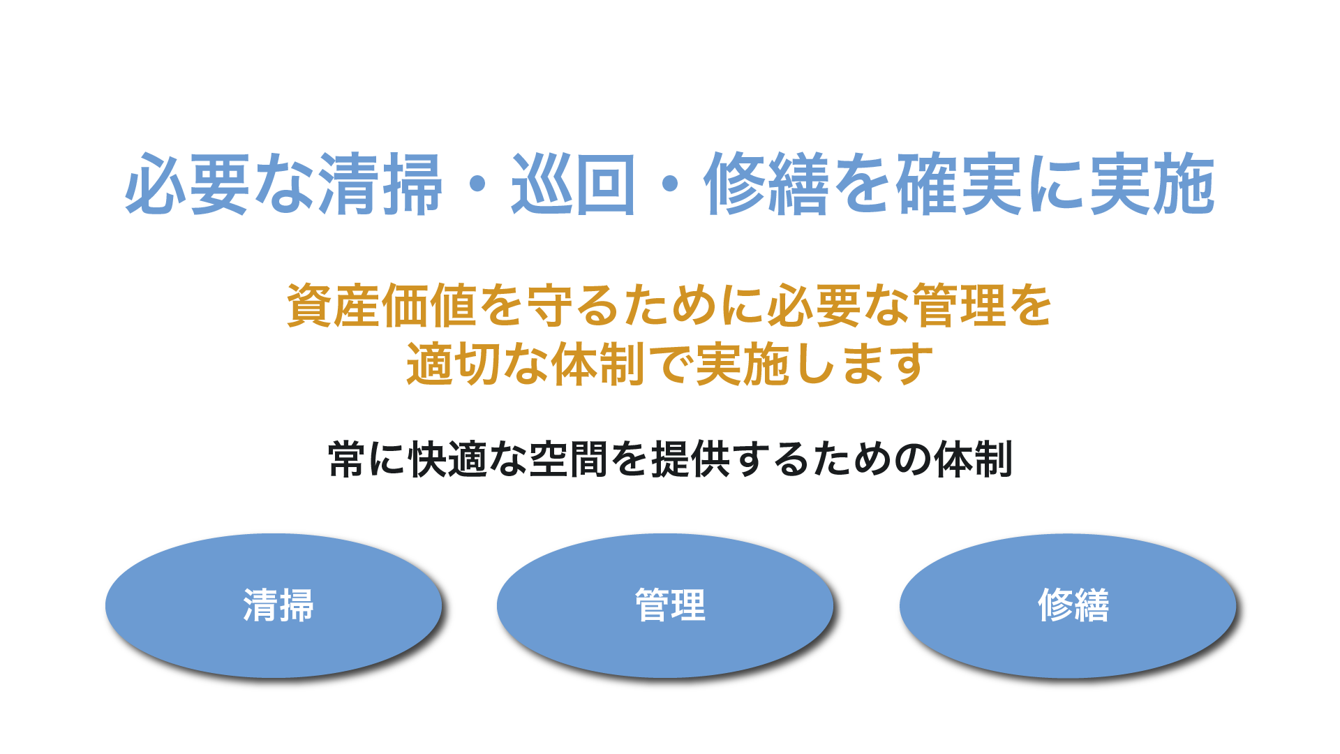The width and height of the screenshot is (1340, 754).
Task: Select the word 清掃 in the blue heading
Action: (381, 184)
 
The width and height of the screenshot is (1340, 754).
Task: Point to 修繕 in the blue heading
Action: (766, 184)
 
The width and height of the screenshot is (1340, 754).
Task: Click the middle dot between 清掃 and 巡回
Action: (477, 184)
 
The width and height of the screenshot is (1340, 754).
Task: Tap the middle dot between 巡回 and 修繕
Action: (670, 184)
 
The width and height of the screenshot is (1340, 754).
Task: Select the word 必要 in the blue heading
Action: (187, 184)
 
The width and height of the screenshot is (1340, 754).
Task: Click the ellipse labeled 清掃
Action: (274, 605)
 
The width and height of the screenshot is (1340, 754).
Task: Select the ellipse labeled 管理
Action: (665, 605)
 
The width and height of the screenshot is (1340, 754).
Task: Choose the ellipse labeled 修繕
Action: (1068, 605)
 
